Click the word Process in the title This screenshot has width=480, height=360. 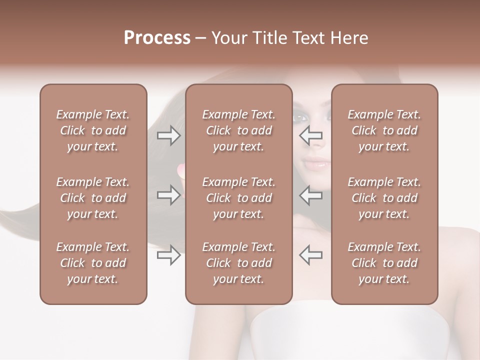(157, 38)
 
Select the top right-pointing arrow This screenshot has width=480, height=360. (169, 135)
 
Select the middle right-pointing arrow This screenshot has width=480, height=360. (169, 195)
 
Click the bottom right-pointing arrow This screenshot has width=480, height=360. (169, 255)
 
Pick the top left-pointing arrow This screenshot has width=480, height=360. (310, 135)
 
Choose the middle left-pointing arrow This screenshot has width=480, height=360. (310, 195)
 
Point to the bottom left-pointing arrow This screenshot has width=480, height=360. (310, 254)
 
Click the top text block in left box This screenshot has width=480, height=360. (93, 130)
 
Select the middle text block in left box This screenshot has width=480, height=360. (93, 198)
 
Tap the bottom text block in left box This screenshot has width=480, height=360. (93, 263)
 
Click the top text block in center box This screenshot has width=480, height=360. (238, 130)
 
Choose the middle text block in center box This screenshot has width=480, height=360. (238, 198)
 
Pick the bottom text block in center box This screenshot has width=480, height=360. (238, 263)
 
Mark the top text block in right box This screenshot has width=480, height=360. (384, 130)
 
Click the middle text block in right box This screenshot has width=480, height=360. (384, 198)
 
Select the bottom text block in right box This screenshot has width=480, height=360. (384, 263)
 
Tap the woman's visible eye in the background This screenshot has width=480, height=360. (299, 118)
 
